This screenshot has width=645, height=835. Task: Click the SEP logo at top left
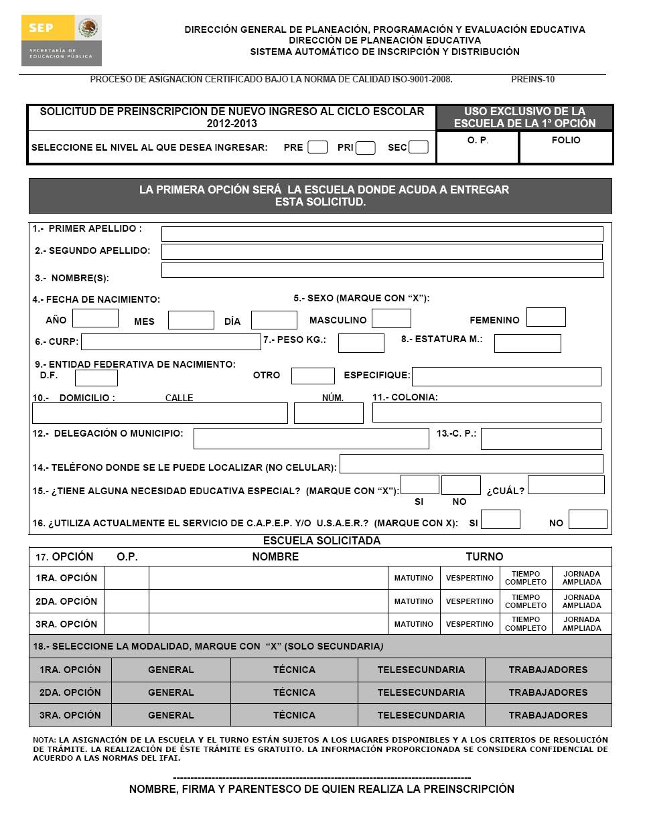pos(61,40)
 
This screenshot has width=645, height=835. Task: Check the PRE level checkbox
pos(317,147)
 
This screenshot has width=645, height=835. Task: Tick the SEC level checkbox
pos(418,147)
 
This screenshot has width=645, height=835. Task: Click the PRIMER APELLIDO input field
pos(382,234)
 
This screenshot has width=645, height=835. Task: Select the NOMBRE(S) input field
pos(382,270)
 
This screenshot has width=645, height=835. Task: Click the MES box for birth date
pos(191,320)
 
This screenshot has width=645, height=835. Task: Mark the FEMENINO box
pos(546,317)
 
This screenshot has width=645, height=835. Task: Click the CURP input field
pos(171,341)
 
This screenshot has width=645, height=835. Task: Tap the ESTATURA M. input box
pos(527,344)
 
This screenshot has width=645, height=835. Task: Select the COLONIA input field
pos(486,412)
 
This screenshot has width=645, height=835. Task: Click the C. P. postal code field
pos(541,439)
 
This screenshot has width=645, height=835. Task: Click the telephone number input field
pos(472,463)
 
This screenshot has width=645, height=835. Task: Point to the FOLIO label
pos(566,140)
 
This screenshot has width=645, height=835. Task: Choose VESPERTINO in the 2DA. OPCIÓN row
pos(470,601)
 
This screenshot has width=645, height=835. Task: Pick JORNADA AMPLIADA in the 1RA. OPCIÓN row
pos(581,578)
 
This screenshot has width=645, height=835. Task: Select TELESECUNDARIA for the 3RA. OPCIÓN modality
pos(421,715)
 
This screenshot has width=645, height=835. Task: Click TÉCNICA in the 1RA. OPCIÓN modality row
pos(294,670)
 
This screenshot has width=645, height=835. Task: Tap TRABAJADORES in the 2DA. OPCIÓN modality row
pos(548,692)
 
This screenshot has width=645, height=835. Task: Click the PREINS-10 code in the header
pos(532,79)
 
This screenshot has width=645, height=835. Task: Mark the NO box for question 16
pos(587,520)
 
